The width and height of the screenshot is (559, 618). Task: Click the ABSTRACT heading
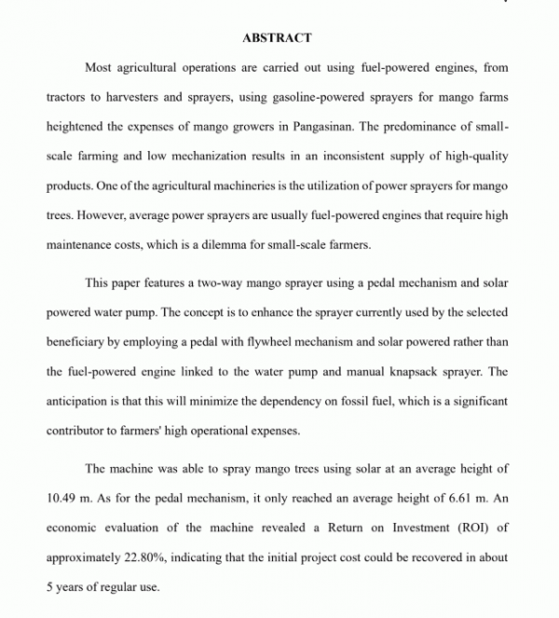point(277,38)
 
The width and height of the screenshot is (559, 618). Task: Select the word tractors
point(68,96)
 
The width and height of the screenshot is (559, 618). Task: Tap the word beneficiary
point(78,341)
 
